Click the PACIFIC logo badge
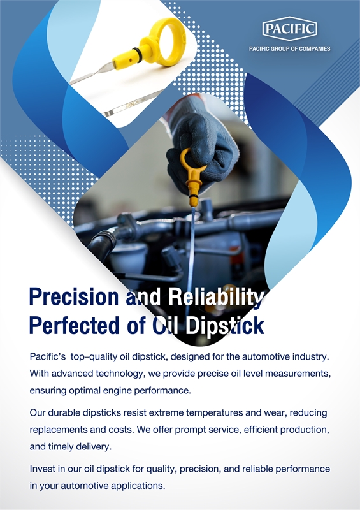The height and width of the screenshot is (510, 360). click(x=289, y=29)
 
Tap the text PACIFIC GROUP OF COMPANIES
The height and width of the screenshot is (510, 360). click(x=289, y=49)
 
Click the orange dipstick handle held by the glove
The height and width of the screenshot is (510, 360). click(x=192, y=176)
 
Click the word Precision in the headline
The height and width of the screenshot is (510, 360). click(x=74, y=296)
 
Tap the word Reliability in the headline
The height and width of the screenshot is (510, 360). click(x=215, y=297)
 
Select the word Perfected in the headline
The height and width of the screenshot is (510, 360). click(x=74, y=325)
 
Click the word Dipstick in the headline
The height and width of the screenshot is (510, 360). click(x=225, y=326)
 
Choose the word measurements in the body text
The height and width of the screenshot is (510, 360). click(x=298, y=374)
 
